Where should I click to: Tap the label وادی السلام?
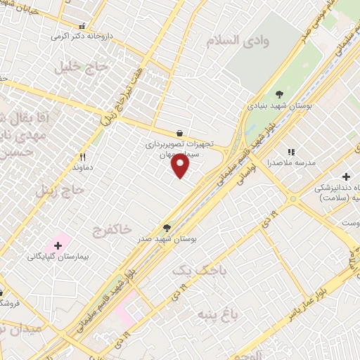[x=238, y=41]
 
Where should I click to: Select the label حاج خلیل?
[x=83, y=68]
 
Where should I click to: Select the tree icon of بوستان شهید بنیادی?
[x=280, y=93]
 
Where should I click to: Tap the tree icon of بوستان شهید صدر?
[x=167, y=227]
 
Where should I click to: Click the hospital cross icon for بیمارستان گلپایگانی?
[x=58, y=245]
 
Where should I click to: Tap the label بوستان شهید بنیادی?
[x=280, y=105]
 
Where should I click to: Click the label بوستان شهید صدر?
[x=167, y=239]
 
